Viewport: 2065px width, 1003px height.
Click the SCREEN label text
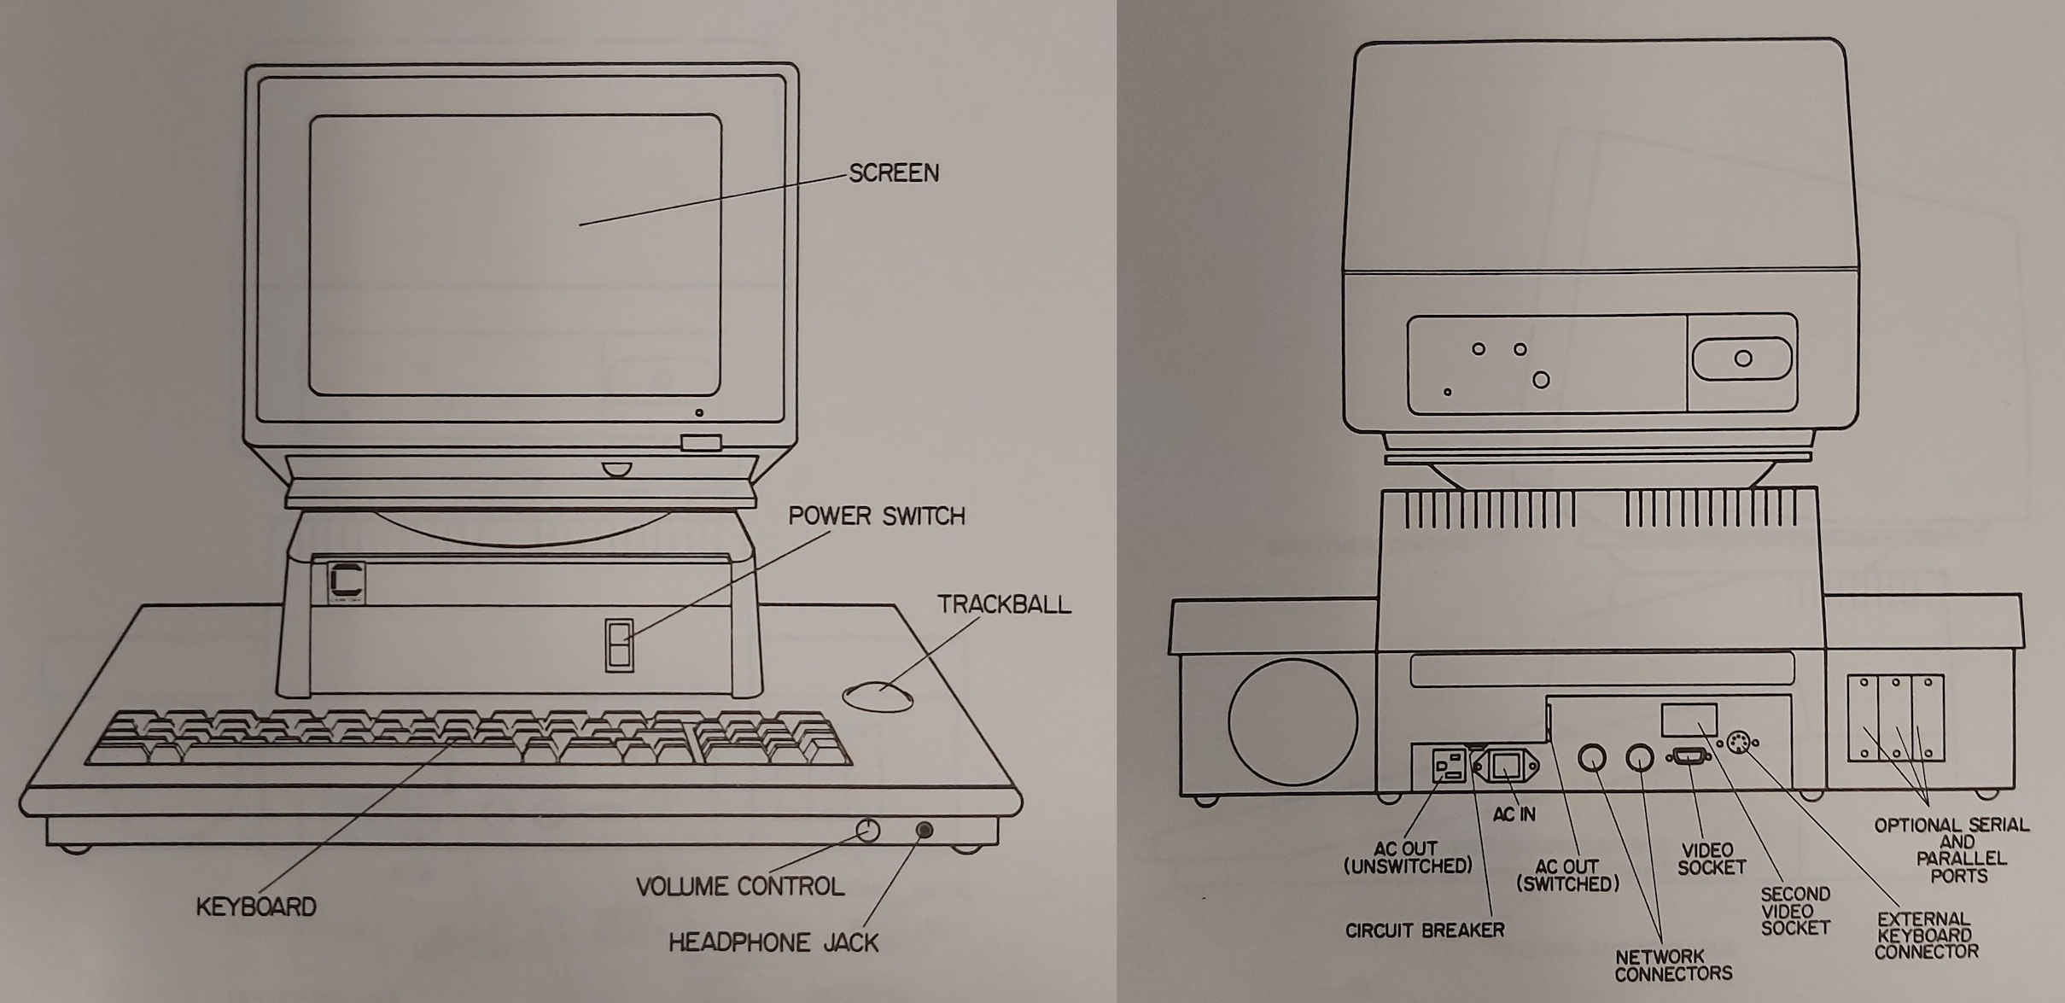coord(893,173)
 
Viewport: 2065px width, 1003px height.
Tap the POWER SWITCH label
coord(876,516)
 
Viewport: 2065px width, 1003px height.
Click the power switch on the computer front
coord(618,644)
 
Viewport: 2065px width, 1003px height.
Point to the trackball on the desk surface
coord(877,695)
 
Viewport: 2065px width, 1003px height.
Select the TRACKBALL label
coord(1004,604)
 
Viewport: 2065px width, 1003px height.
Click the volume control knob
coord(867,830)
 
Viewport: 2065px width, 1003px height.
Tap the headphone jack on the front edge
coord(924,830)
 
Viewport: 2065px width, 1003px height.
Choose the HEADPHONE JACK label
coord(773,942)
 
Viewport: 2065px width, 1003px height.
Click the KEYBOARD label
coord(256,907)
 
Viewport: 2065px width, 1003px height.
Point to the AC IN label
coord(1514,815)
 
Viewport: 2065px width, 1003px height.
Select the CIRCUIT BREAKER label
coord(1425,930)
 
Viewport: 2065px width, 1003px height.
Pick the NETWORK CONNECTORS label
coord(1672,965)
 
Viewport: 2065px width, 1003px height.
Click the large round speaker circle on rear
coord(1292,721)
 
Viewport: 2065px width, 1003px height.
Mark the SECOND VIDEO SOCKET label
coord(1795,910)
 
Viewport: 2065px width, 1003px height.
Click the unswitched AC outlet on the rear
coord(1447,765)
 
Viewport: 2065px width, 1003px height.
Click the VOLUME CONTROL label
coord(740,887)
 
